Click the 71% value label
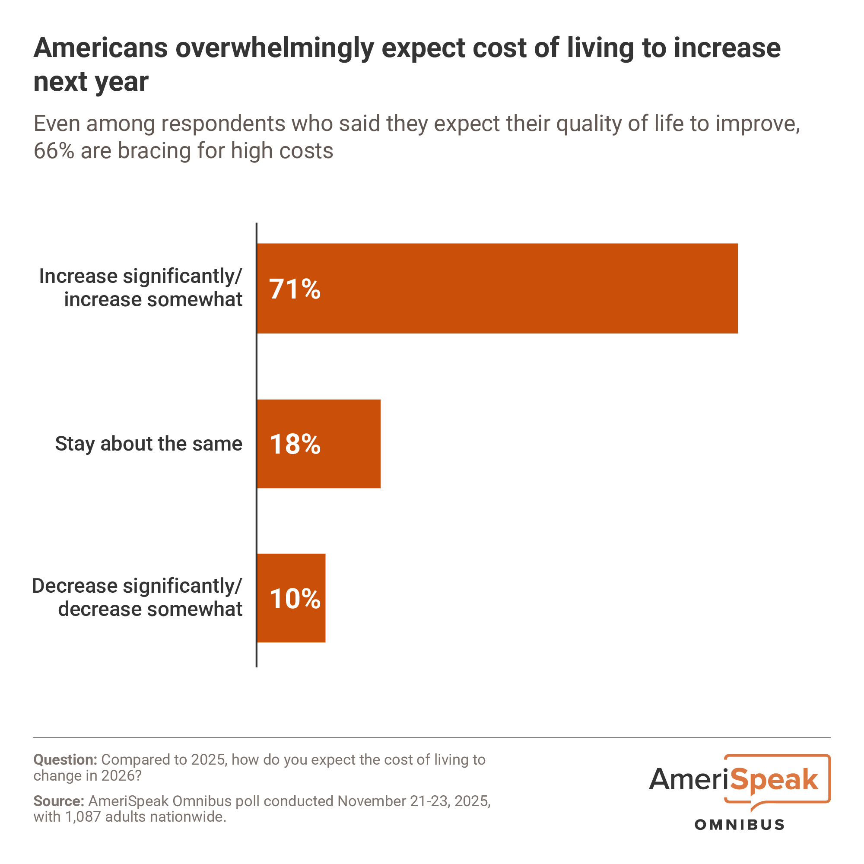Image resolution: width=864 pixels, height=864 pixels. [295, 289]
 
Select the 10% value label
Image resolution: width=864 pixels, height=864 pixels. [295, 599]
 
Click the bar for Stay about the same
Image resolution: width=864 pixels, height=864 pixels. [349, 444]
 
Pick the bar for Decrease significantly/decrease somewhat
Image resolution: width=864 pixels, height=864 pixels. [308, 598]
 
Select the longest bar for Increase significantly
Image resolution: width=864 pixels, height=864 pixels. [514, 289]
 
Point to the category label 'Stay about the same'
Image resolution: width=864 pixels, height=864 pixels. [149, 444]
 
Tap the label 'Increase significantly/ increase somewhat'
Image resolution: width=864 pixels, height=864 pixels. [141, 288]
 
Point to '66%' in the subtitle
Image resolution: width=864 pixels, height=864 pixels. [54, 151]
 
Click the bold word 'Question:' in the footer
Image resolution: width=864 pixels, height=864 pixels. [65, 759]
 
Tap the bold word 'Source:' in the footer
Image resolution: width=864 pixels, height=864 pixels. [59, 800]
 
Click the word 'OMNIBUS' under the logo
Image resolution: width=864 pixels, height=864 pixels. [739, 825]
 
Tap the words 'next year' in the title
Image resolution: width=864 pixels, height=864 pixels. [91, 82]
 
